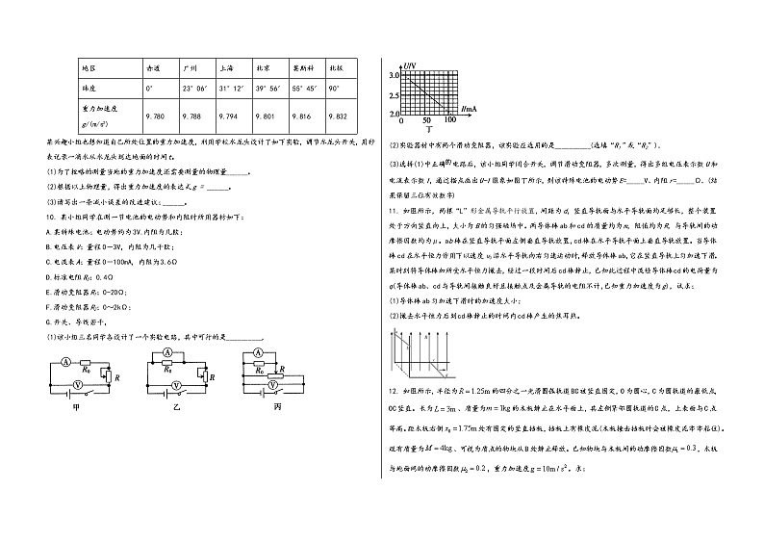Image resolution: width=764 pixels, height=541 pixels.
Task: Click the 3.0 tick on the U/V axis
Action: (394, 74)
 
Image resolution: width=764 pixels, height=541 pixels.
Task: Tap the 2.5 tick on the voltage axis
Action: (394, 95)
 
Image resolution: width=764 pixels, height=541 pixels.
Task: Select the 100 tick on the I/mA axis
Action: (450, 120)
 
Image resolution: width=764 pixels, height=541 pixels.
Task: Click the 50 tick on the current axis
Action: (427, 120)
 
